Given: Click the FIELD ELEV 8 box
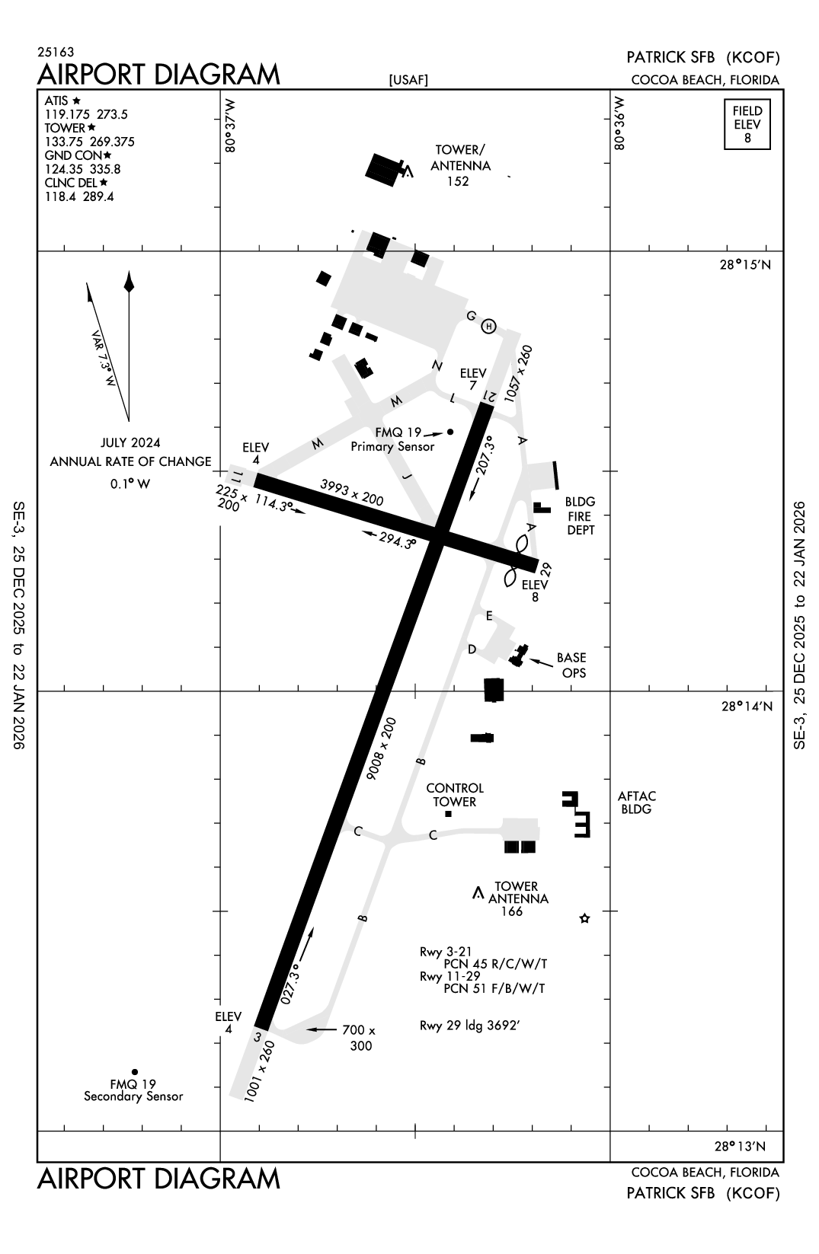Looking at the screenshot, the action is (747, 124).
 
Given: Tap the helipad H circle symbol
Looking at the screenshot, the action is (489, 327).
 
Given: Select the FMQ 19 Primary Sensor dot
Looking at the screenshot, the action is (450, 432).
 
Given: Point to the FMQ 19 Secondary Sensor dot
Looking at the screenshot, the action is (135, 1071).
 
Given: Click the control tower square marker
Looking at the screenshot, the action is (448, 814).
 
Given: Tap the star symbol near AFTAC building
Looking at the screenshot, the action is (584, 918).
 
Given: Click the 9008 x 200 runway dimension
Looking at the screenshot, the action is (381, 749).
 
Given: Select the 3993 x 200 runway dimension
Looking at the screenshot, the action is (351, 493).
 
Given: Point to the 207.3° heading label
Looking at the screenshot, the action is (485, 455).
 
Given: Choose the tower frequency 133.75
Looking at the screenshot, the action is (63, 142).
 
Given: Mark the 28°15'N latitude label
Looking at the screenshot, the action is (746, 264).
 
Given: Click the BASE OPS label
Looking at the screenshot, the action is (571, 665).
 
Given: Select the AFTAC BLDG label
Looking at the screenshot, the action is (637, 802).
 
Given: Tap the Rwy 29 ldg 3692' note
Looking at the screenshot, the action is (469, 1025).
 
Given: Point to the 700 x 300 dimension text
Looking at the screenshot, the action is (359, 1038).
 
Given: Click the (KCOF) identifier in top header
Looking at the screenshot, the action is (753, 57).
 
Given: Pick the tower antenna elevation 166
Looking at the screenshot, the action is (511, 911).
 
